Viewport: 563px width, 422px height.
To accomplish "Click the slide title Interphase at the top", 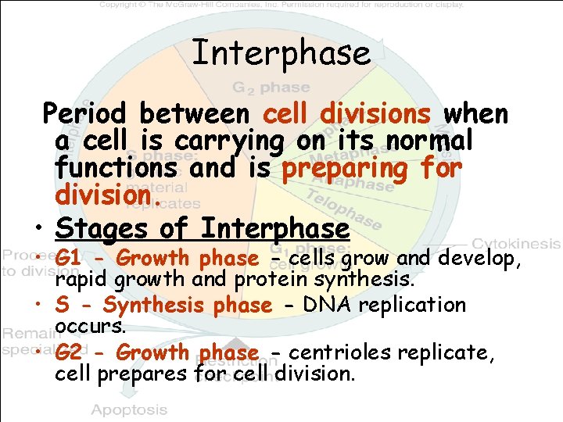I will point(281,53).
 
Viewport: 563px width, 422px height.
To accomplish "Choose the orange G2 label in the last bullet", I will point(70,352).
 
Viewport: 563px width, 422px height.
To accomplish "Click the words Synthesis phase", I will point(187,305).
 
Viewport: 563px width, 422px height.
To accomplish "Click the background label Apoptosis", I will point(129,409).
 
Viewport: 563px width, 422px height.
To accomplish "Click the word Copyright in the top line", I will point(124,5).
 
